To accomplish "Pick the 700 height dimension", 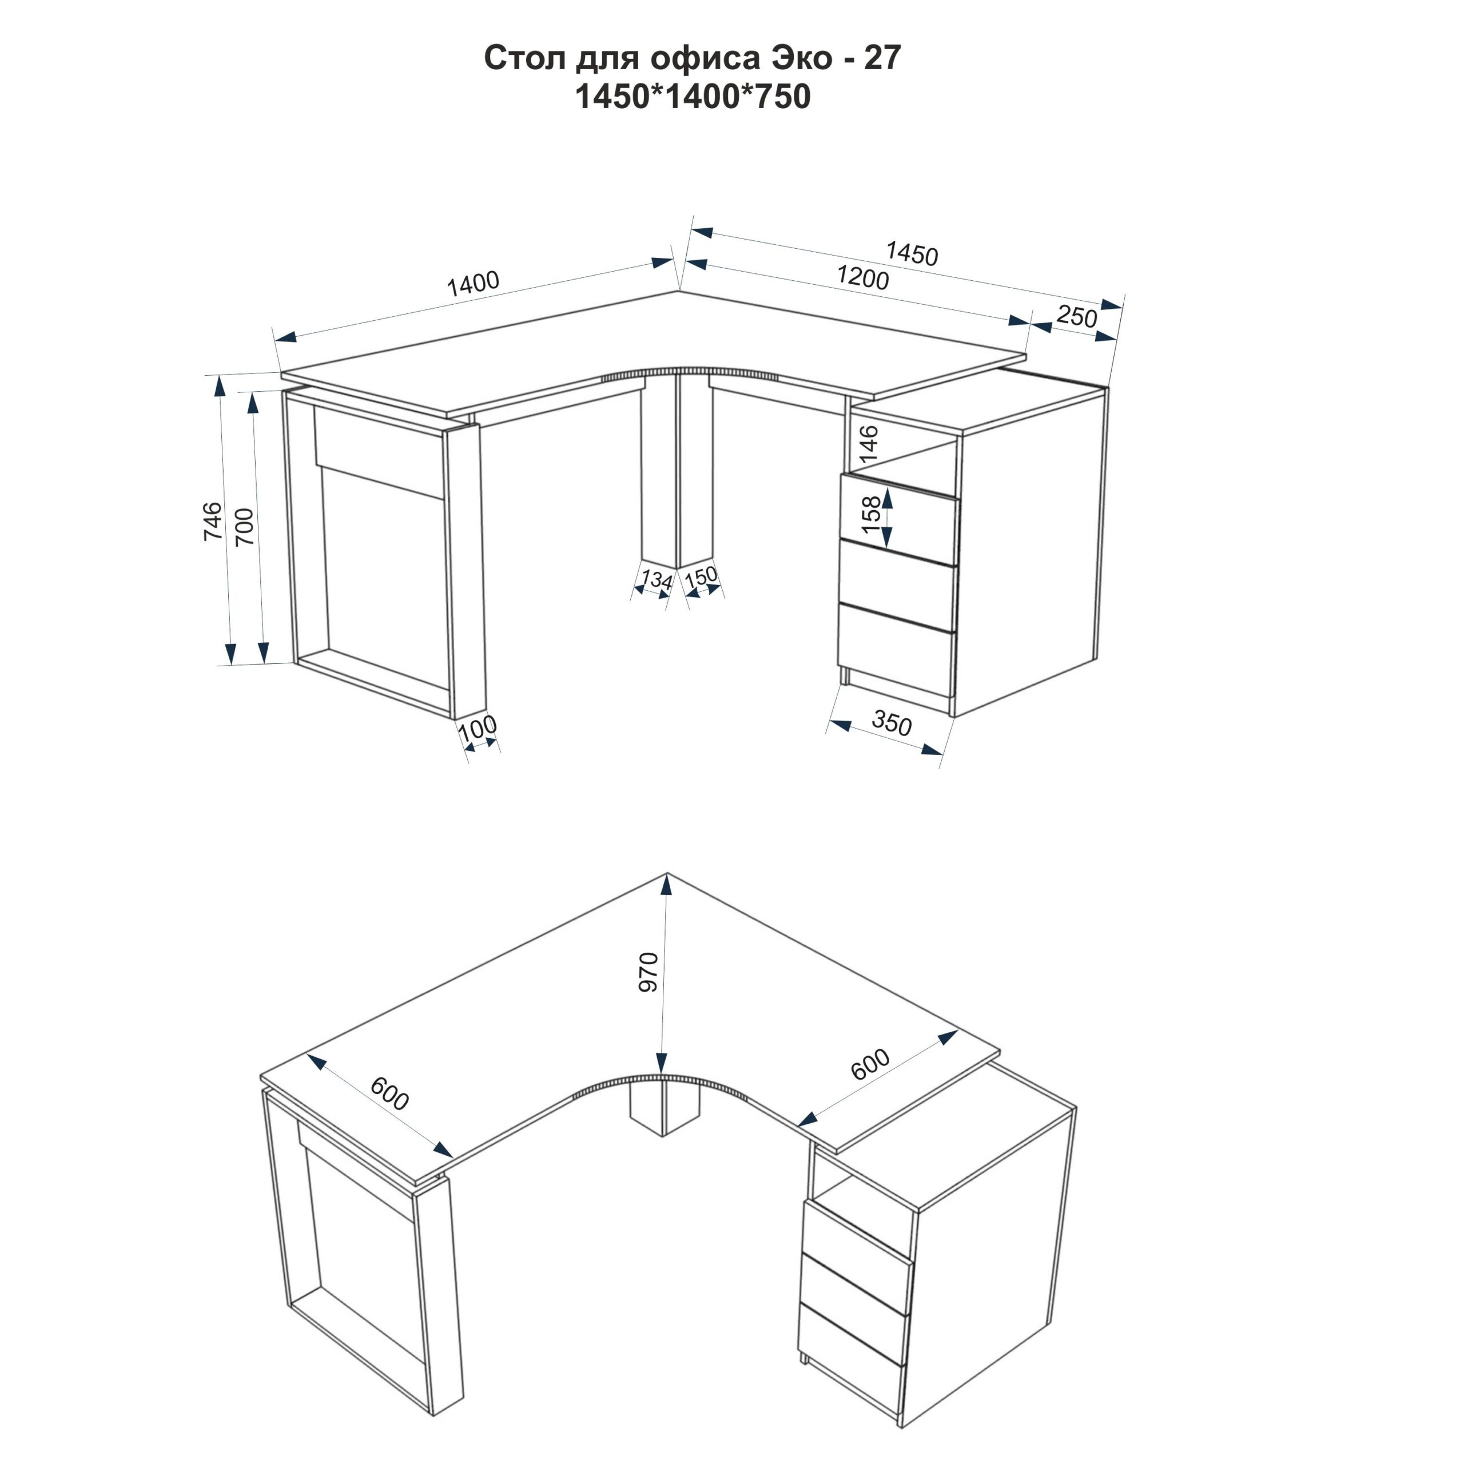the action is tap(244, 527).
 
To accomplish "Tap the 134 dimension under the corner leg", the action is tap(656, 580).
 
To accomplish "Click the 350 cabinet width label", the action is tap(892, 725).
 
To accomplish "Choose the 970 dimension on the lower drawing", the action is tap(650, 972).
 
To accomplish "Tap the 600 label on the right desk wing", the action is tap(870, 1064).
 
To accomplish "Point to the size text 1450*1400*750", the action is tap(693, 97).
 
